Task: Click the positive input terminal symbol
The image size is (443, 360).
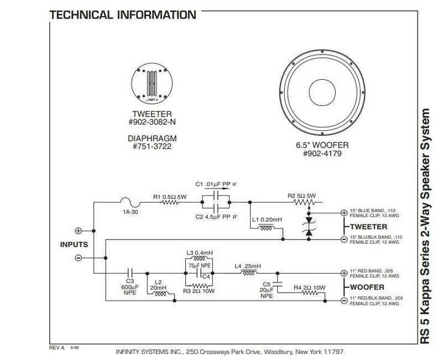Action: tap(78, 230)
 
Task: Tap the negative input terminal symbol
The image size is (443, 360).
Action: tap(78, 258)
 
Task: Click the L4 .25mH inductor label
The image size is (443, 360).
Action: tap(251, 265)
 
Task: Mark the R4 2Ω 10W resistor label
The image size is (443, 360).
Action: tap(311, 289)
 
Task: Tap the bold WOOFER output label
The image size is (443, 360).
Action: tap(364, 287)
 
